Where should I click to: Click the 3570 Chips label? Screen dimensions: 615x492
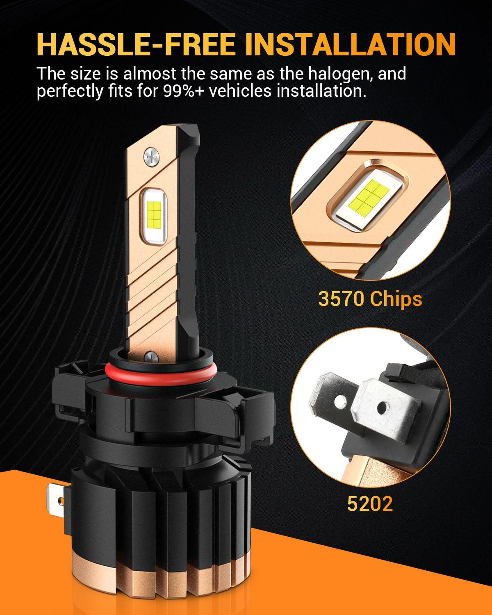click(x=370, y=299)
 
